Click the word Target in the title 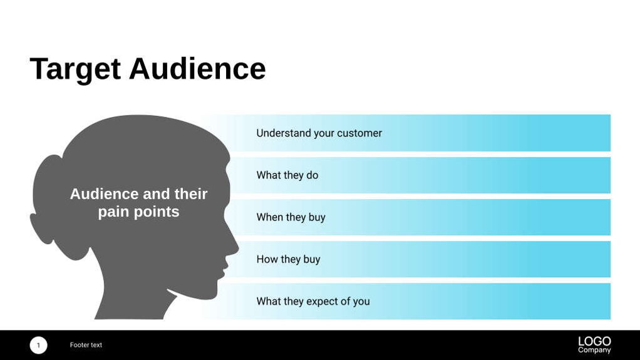[76, 69]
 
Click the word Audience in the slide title [197, 69]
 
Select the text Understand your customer [319, 133]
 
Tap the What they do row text [287, 175]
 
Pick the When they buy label [291, 217]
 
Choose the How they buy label [288, 259]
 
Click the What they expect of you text [313, 301]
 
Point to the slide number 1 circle [38, 345]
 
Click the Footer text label [86, 345]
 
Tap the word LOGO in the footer [594, 341]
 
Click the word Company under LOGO [594, 350]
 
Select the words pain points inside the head [139, 212]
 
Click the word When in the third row [269, 217]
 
